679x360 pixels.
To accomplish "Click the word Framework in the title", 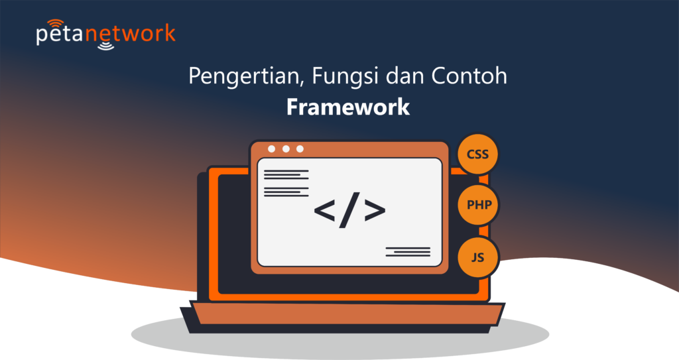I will point(348,107).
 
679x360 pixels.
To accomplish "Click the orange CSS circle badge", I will point(477,155).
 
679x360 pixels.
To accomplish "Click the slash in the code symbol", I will point(349,210).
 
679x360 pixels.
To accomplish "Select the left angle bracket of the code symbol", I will point(325,210).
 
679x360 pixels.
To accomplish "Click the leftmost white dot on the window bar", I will point(272,149).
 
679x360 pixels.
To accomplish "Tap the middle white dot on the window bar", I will point(286,149).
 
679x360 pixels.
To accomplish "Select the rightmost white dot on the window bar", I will point(300,149).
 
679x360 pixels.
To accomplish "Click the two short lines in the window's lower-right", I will point(408,251).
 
